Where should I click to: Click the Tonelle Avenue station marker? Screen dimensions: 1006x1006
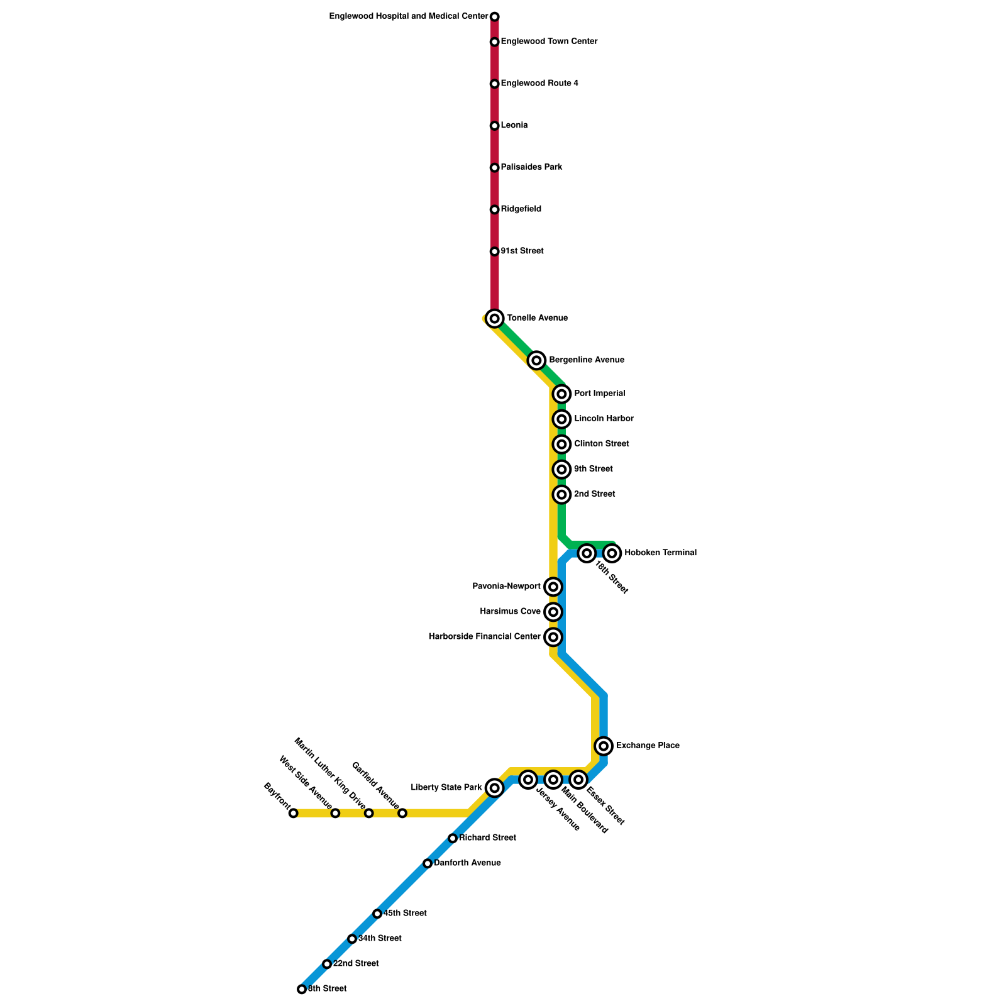point(495,319)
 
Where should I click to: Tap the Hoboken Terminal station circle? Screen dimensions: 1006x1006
point(612,553)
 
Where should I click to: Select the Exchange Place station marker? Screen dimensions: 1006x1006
point(604,746)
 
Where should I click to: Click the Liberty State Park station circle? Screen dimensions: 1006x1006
point(495,788)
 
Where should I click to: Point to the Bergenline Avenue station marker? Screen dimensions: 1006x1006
point(536,360)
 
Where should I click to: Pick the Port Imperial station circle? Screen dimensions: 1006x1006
point(562,394)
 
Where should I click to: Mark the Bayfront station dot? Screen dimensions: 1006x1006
point(294,813)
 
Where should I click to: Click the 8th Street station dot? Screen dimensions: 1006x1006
point(302,989)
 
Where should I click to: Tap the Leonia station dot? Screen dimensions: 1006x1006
point(495,126)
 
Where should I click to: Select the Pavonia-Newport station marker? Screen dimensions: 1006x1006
point(553,587)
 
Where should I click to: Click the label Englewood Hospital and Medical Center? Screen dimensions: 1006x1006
point(409,16)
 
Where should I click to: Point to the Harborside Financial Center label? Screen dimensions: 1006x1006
point(485,637)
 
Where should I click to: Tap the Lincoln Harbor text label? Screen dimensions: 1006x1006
point(604,419)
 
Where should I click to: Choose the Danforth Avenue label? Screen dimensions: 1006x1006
point(467,863)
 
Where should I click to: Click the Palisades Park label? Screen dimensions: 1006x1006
point(531,167)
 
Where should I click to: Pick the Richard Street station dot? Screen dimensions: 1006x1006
point(453,838)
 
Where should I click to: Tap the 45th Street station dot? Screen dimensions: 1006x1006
point(377,914)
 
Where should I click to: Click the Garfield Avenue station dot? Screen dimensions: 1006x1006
point(402,813)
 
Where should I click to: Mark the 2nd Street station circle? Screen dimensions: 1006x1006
point(562,495)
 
